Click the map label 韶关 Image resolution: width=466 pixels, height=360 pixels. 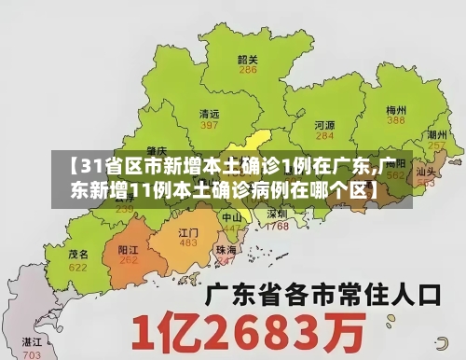coord(247,58)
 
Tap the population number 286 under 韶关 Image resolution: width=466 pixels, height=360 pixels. coord(247,70)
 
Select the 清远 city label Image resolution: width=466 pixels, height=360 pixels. coord(210,113)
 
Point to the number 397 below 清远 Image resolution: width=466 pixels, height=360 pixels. coord(210,125)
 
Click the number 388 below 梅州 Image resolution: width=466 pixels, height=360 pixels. coord(396,120)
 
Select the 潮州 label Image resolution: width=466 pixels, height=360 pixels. coord(435,134)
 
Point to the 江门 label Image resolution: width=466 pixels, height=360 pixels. coord(188,231)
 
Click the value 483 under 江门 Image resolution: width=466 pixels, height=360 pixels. coord(188,243)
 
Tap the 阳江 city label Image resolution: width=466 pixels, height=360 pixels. coord(129,250)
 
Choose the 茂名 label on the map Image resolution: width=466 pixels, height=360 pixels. coord(78,254)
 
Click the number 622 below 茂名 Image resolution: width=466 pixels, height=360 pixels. coord(78,267)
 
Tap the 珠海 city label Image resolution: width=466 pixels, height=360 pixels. coord(226,250)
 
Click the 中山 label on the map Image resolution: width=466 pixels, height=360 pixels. coord(231,216)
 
